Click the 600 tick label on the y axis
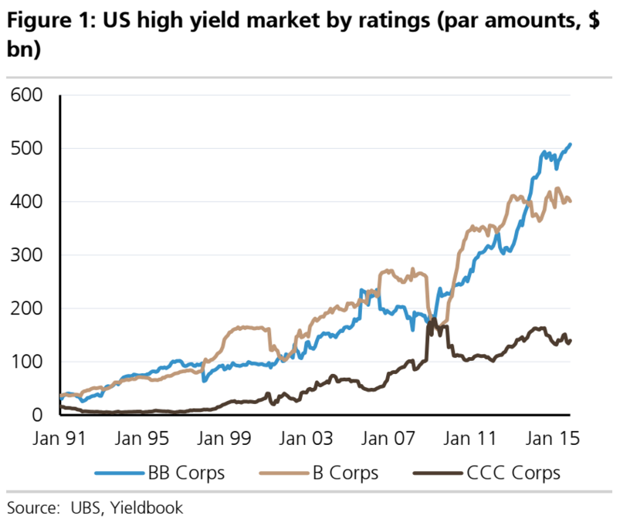(28, 96)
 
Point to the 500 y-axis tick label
(28, 149)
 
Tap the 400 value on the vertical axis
(28, 202)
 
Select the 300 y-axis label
(28, 255)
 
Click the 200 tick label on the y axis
(28, 308)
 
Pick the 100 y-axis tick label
(28, 362)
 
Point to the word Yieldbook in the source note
(147, 508)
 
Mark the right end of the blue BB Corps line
(571, 144)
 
